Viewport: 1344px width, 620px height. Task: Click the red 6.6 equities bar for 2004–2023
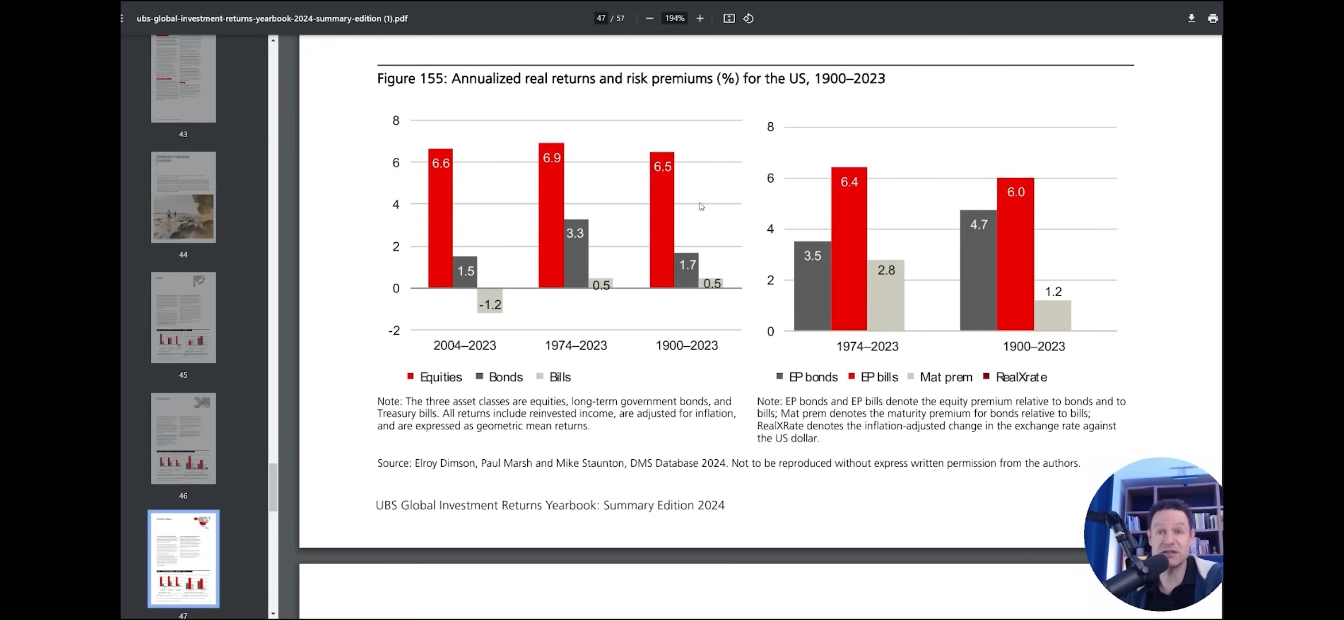(x=440, y=218)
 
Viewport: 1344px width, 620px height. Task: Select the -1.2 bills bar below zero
(x=490, y=301)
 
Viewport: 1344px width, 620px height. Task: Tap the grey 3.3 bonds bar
(x=576, y=253)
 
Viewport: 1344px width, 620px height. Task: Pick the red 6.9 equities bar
(x=551, y=215)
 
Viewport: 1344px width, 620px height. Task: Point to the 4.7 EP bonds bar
(x=978, y=270)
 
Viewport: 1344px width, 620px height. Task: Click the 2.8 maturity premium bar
(x=886, y=295)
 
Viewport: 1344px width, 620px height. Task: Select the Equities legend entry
(x=435, y=377)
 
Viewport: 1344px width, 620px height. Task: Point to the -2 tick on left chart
(x=395, y=331)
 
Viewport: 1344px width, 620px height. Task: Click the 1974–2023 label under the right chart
(x=867, y=347)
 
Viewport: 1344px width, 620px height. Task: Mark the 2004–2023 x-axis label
(x=465, y=346)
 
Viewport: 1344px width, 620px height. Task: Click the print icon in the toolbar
(x=1213, y=18)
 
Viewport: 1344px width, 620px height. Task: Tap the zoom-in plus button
(x=700, y=18)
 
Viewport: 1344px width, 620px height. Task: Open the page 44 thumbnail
(x=183, y=197)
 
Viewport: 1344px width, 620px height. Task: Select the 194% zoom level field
(x=674, y=18)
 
